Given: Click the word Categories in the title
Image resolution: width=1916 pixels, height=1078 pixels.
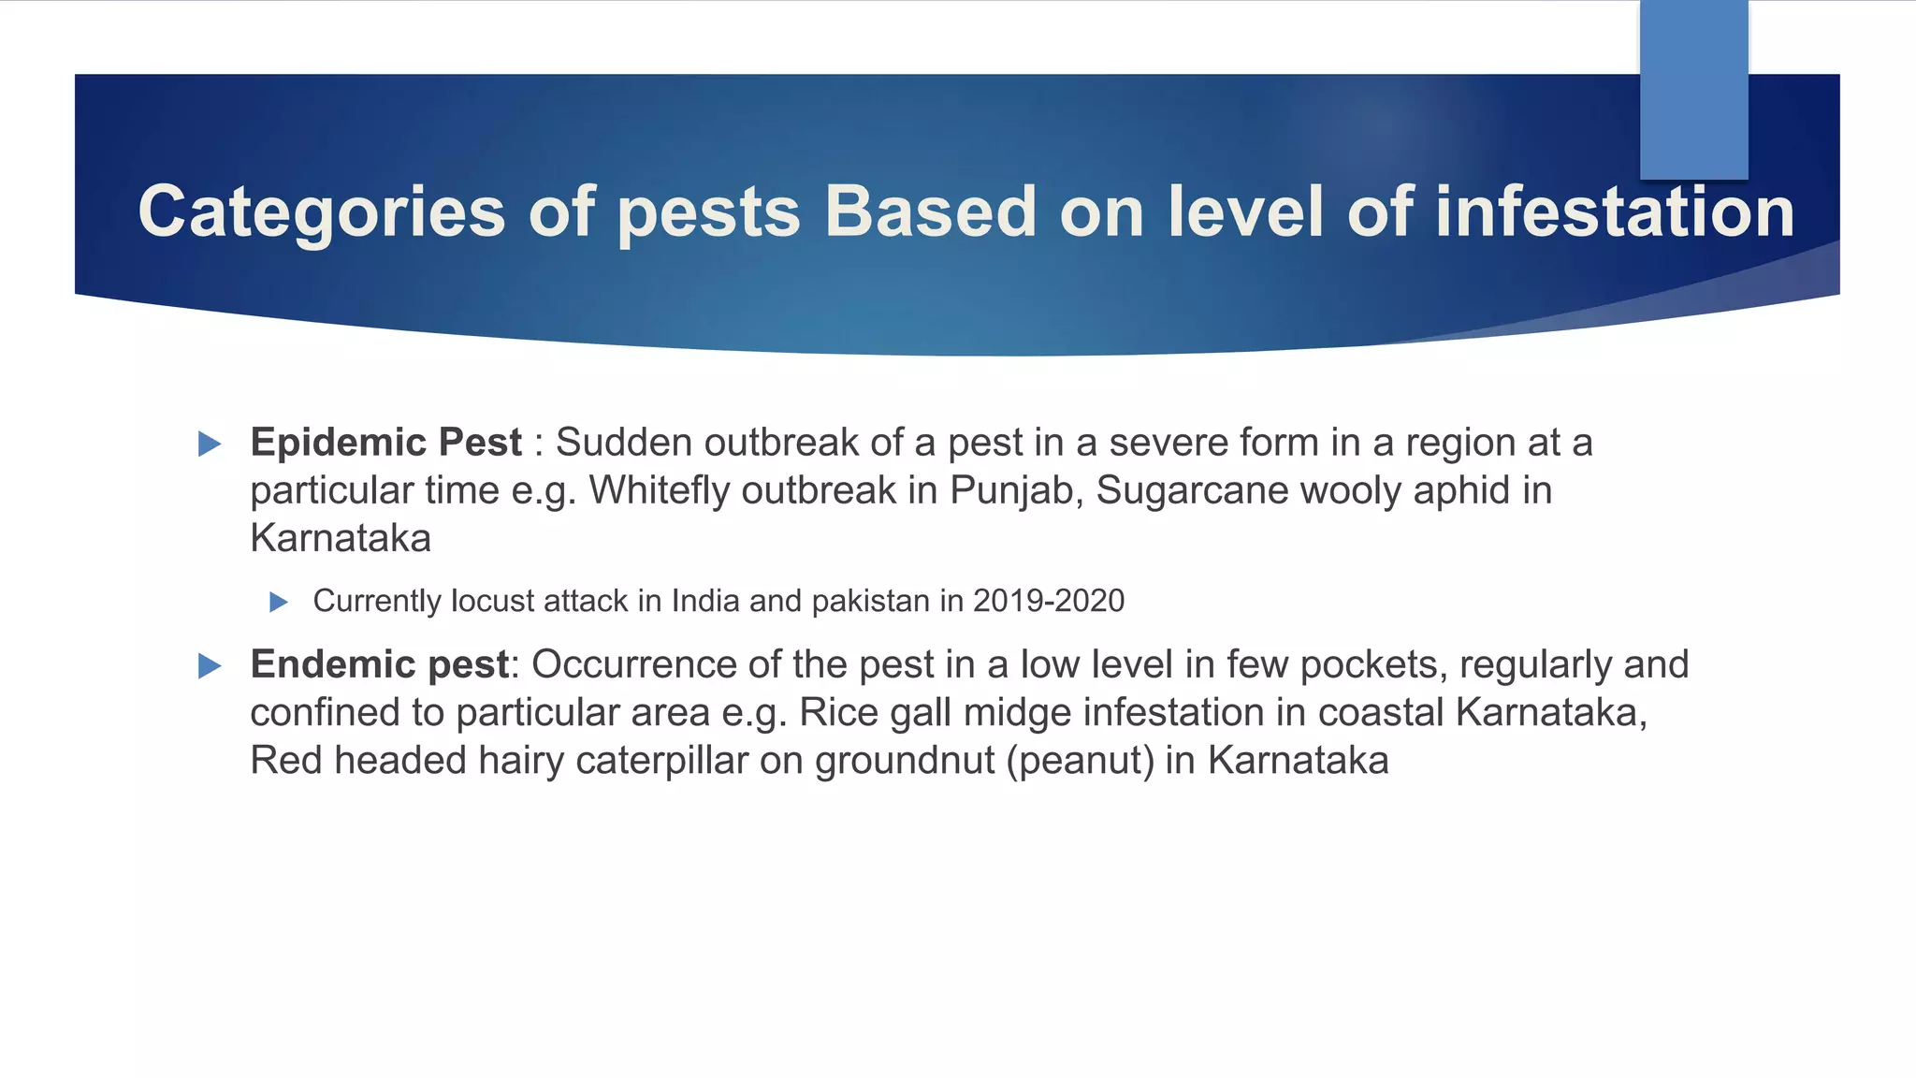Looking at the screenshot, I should pos(321,212).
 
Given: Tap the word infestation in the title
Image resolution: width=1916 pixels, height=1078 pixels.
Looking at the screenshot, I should pos(1614,212).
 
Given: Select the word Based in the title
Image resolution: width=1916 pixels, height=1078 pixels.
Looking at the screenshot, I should pos(930,212).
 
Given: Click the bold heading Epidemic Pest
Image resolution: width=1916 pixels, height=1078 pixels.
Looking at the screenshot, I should pos(385,443).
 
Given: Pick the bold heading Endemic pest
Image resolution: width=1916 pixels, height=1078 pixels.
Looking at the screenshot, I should pos(379,664).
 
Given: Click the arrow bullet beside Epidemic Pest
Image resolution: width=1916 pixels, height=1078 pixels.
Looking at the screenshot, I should pos(210,444).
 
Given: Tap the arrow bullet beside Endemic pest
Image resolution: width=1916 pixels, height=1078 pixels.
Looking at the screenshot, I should pos(210,666).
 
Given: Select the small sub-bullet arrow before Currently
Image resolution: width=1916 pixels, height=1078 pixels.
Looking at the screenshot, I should pos(278,602).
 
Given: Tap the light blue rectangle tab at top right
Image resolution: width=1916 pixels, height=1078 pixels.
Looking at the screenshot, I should pos(1693,89).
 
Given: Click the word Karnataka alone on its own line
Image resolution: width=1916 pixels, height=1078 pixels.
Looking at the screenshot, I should pos(341,539).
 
